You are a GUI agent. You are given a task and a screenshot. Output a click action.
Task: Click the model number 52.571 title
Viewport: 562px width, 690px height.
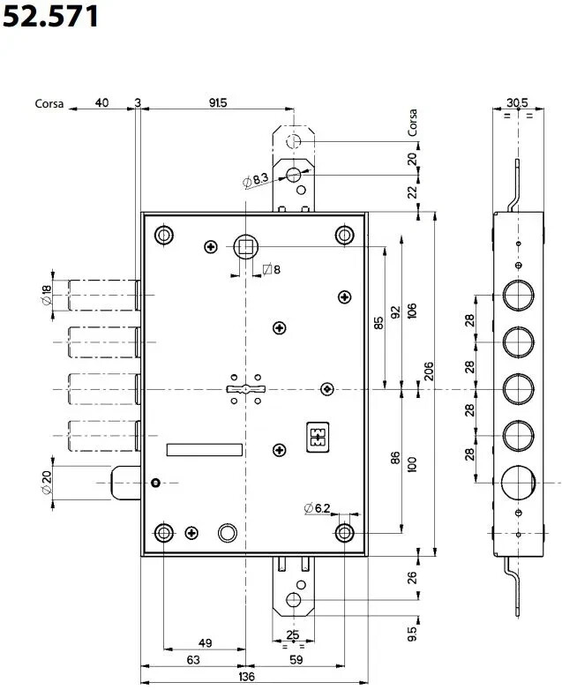(x=50, y=16)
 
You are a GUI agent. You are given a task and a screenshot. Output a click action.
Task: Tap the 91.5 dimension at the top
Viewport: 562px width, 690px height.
(x=218, y=102)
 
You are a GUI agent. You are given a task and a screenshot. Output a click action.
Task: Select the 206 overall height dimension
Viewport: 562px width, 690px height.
(x=429, y=371)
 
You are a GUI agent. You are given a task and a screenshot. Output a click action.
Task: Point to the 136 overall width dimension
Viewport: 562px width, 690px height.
(x=246, y=676)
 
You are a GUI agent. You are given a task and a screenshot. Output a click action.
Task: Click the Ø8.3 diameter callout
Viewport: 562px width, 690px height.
(x=255, y=179)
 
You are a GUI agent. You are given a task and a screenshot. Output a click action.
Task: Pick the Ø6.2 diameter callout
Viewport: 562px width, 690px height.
(x=317, y=508)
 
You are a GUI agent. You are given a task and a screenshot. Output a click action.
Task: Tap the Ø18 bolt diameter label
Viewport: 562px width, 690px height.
(x=46, y=295)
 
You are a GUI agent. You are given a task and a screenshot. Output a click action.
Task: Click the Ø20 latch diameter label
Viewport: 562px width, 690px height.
(x=46, y=483)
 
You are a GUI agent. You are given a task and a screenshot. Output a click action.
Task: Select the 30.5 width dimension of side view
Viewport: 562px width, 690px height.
(x=517, y=102)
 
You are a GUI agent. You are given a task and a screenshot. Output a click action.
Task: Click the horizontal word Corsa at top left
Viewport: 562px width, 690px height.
(x=49, y=104)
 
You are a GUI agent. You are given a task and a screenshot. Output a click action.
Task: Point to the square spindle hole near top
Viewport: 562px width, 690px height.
(x=245, y=246)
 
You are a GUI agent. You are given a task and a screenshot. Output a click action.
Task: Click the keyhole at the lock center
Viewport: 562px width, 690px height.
(x=245, y=389)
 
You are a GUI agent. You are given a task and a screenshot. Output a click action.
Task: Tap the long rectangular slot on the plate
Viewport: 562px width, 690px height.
(x=205, y=450)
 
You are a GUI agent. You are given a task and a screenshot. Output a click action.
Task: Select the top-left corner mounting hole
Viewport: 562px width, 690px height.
(x=164, y=236)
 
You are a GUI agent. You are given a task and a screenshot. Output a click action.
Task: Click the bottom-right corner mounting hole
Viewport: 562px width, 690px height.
(x=345, y=533)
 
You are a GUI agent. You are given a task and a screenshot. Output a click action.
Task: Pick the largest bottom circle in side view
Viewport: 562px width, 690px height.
(x=518, y=483)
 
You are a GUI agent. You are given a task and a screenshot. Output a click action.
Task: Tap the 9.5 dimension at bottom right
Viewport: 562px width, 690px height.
(x=412, y=634)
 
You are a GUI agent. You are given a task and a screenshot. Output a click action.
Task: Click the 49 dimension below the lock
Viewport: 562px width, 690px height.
(x=205, y=643)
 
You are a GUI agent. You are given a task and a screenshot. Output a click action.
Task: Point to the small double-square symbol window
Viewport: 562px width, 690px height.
(x=318, y=438)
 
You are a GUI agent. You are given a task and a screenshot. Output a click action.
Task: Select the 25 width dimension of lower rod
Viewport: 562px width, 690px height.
(x=293, y=635)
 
